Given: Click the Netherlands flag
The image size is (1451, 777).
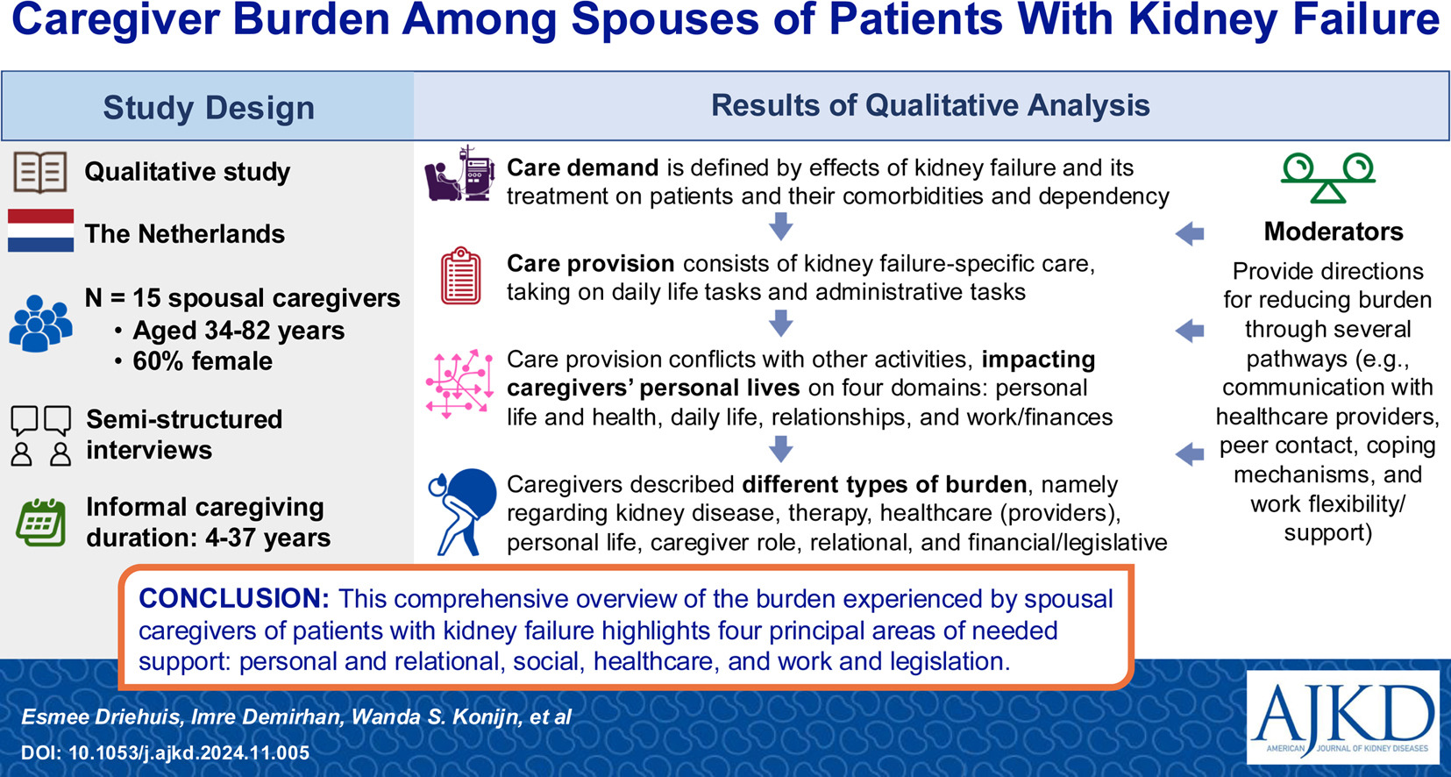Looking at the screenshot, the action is coord(41,230).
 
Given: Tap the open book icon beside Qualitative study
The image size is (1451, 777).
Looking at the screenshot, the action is coord(40,173).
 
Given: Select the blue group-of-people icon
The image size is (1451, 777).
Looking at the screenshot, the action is coord(40,324).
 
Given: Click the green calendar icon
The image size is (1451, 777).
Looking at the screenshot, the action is coord(41,523).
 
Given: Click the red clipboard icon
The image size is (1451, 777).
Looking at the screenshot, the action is coord(460,275).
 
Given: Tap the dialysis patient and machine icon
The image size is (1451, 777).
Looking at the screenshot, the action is coord(460,174).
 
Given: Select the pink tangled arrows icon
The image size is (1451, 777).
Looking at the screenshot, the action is coord(459,383).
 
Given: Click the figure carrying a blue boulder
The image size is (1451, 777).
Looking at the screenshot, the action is coord(463,512).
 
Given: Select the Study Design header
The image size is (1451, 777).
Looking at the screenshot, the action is coord(209,107).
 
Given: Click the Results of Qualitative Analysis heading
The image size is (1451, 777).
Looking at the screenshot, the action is coord(930,105).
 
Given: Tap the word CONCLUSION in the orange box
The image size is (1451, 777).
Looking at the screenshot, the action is coord(234,599).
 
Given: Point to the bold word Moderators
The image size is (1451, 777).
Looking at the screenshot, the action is coord(1334,232).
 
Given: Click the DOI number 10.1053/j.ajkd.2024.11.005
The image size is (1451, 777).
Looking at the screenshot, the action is coord(189,752).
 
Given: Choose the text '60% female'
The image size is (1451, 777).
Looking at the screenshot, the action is coord(203,361).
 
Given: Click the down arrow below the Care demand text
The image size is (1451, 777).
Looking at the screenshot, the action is coord(781,226).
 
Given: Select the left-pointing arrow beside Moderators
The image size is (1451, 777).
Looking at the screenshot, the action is coord(1190,233).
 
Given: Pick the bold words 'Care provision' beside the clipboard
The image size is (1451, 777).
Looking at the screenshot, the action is coord(591,263).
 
